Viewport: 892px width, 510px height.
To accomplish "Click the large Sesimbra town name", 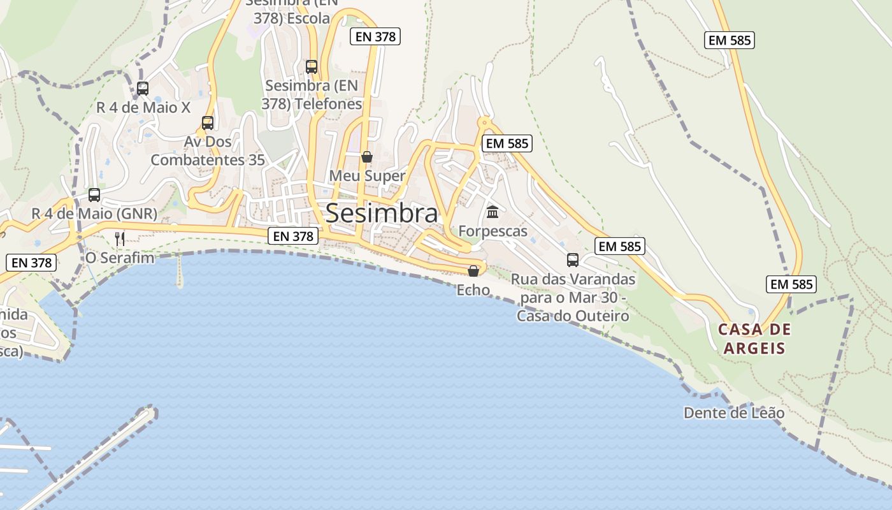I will tap(382, 214).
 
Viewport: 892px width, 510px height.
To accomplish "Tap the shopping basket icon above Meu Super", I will tap(367, 157).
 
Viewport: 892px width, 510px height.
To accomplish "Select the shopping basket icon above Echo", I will tap(473, 271).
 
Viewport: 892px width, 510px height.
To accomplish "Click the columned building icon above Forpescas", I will tap(493, 212).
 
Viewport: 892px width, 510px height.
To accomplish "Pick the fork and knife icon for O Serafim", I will tap(119, 238).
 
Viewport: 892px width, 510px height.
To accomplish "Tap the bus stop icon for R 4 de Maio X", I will tap(143, 89).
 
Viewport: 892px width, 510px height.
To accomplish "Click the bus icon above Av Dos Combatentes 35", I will tap(208, 122).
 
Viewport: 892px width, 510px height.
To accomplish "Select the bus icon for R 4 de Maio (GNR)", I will tap(94, 195).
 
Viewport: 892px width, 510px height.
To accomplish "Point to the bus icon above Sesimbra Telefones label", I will tap(312, 66).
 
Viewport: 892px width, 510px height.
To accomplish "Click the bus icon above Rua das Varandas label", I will tap(573, 260).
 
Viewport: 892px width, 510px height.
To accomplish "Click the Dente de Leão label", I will tap(734, 413).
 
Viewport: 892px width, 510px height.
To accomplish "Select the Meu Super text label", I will tap(367, 176).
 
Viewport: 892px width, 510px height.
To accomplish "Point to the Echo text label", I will tap(473, 290).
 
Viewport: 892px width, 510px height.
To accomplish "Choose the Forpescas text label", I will tap(493, 231).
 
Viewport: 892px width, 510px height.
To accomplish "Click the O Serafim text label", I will tap(120, 258).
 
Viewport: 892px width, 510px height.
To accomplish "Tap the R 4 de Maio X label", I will tap(143, 108).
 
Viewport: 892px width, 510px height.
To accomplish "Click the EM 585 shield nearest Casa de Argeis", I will tap(791, 284).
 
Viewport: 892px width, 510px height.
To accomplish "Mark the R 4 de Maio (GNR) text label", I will tap(94, 214).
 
